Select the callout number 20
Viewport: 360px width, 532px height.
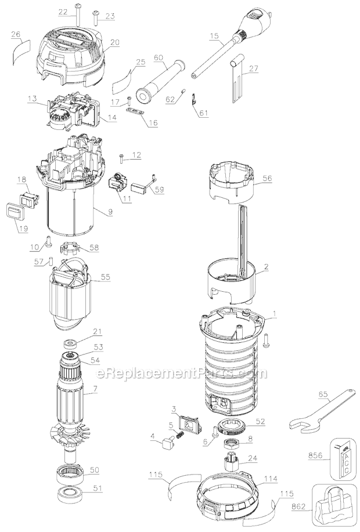(115, 42)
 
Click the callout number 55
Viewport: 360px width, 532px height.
(106, 277)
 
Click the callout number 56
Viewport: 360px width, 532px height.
(267, 178)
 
